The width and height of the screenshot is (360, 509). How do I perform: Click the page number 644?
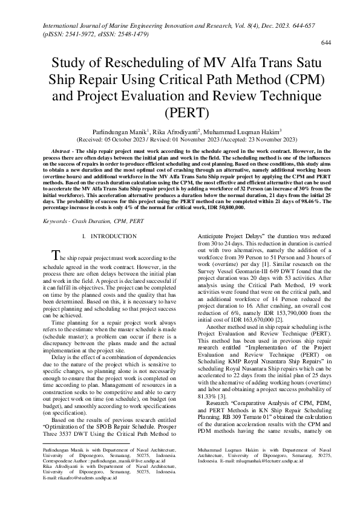point(326,43)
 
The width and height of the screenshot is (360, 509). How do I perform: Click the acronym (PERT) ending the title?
point(180,112)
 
